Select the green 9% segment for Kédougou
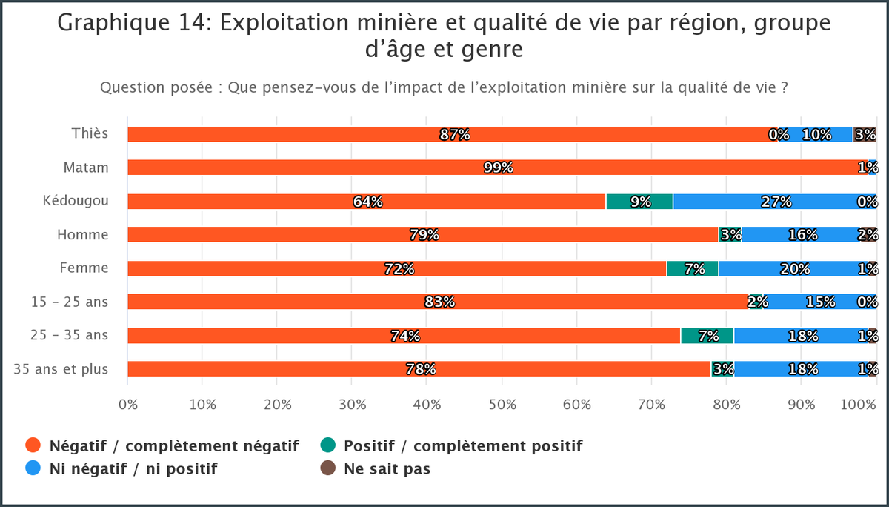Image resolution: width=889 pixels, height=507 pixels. point(639,202)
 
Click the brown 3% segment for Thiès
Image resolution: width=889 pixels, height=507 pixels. point(865,134)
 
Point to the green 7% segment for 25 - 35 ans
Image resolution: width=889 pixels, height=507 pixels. point(707,336)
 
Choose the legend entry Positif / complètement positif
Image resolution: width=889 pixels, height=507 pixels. point(462,445)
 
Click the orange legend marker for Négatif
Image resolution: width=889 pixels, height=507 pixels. point(33,445)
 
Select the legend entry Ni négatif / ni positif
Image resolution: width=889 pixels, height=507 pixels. point(133,468)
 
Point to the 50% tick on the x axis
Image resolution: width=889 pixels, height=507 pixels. point(502,405)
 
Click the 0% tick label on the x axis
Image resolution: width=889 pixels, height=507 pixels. point(128,405)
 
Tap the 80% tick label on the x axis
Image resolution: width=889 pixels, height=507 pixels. point(727,405)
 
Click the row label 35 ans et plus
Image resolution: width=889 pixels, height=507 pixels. point(61,368)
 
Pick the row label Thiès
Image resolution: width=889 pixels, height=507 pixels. point(90,133)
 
